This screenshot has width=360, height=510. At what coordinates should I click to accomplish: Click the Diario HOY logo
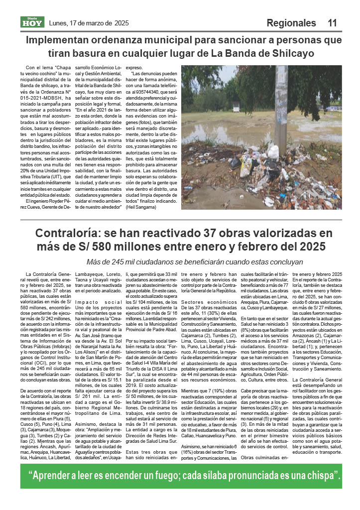[32, 22]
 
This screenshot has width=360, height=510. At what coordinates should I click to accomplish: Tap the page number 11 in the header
[333, 23]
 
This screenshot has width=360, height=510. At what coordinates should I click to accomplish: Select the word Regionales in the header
[291, 23]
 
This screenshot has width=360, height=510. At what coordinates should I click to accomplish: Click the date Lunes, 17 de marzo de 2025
[89, 23]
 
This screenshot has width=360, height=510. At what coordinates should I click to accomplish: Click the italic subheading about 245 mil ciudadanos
[195, 261]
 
